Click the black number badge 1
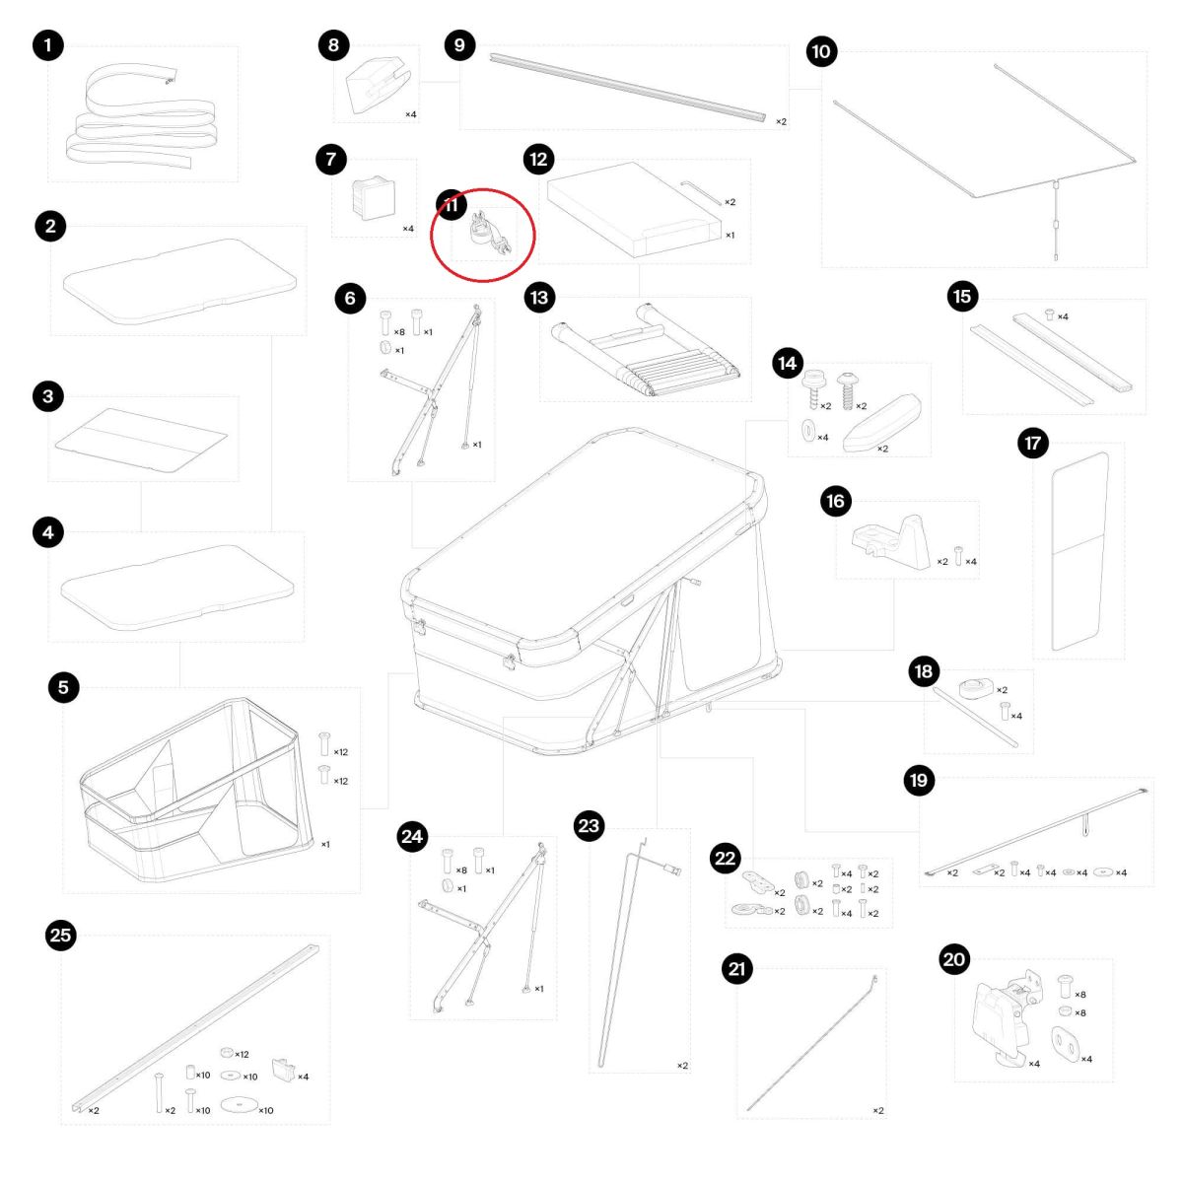[48, 45]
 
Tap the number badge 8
[334, 44]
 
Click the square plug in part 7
[372, 197]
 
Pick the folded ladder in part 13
[645, 351]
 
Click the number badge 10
[821, 51]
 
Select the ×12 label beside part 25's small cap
[242, 1055]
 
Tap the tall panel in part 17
[1079, 551]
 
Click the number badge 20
[954, 959]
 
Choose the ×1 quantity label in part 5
[325, 844]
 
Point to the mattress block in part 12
[634, 209]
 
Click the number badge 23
[589, 826]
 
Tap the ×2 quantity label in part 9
[781, 121]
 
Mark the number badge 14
[788, 364]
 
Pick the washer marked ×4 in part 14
[808, 431]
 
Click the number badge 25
[61, 936]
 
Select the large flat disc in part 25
[239, 1104]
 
